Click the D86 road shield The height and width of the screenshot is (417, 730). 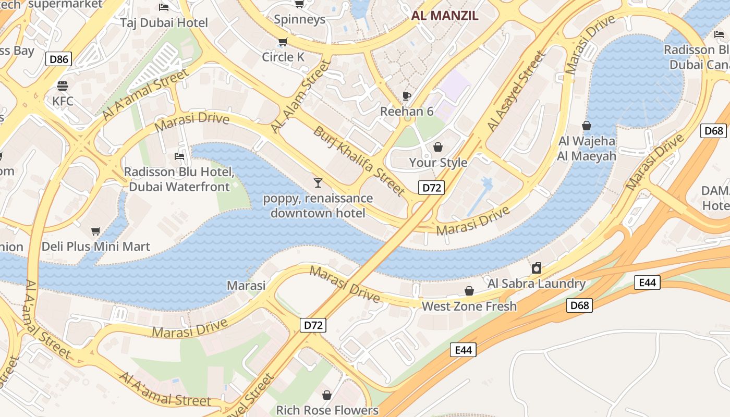pyautogui.click(x=58, y=59)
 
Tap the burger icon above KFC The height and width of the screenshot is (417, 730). pyautogui.click(x=63, y=86)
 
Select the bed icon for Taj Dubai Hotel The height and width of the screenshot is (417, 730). pyautogui.click(x=164, y=7)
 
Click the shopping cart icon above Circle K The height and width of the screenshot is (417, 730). pyautogui.click(x=283, y=42)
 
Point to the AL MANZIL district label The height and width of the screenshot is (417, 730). pyautogui.click(x=444, y=15)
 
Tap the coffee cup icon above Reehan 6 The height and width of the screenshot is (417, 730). pyautogui.click(x=407, y=96)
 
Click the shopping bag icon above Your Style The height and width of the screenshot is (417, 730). pyautogui.click(x=438, y=147)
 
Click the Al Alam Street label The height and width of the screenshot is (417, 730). pyautogui.click(x=301, y=96)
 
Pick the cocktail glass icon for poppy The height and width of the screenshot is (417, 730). pyautogui.click(x=318, y=182)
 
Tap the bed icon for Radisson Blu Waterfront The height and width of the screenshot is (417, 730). pyautogui.click(x=179, y=156)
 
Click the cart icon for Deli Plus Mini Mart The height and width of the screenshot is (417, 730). pyautogui.click(x=95, y=231)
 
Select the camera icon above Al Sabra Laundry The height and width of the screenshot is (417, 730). pyautogui.click(x=536, y=268)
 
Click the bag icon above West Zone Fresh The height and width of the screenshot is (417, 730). pyautogui.click(x=469, y=291)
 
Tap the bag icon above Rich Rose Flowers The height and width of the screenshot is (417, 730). pyautogui.click(x=327, y=395)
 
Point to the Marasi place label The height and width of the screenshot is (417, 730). pyautogui.click(x=246, y=285)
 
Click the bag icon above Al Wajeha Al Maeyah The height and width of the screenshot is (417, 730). pyautogui.click(x=587, y=126)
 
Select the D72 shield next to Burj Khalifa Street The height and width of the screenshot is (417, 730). pyautogui.click(x=431, y=188)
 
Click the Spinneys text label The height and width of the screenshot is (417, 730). pyautogui.click(x=299, y=20)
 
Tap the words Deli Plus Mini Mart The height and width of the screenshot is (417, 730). pyautogui.click(x=96, y=247)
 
